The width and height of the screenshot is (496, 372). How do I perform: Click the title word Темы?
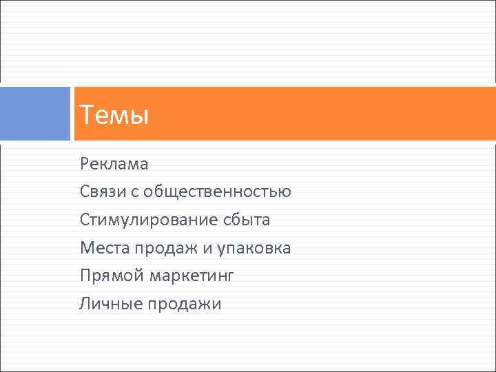point(114,114)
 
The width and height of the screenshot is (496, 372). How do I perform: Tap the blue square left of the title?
point(35,114)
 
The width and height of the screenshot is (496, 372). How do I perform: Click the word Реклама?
point(114,164)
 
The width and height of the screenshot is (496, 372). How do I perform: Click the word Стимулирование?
point(148,220)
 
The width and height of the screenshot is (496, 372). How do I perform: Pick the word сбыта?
point(247,220)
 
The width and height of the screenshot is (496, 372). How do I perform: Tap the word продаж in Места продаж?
point(172,248)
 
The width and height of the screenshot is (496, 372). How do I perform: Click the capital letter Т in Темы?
point(86,114)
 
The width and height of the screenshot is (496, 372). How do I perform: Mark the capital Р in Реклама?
point(84,164)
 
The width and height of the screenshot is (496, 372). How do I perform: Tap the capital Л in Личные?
point(85,303)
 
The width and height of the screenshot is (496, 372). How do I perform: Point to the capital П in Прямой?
point(85,276)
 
